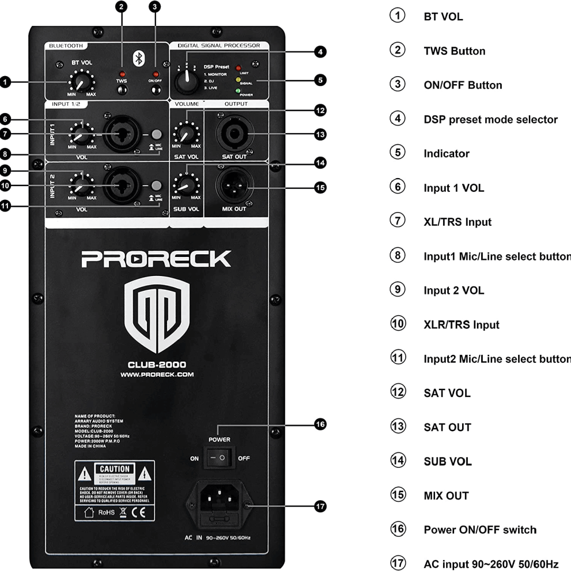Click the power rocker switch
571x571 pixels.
(219, 458)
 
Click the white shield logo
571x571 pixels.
(156, 316)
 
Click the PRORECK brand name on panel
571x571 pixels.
(156, 259)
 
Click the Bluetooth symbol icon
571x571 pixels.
(139, 58)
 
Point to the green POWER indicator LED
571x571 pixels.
(238, 91)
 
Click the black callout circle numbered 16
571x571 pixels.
(319, 424)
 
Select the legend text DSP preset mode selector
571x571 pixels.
(490, 119)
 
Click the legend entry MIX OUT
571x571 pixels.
(446, 496)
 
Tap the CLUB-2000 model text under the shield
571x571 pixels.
(156, 364)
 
